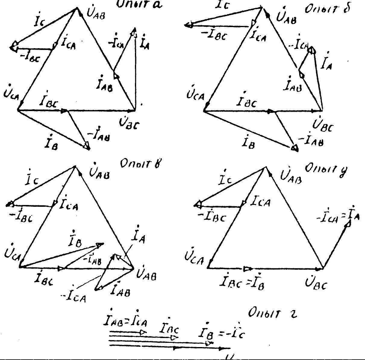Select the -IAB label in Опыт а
[x=98, y=136]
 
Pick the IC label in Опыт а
[x=39, y=22]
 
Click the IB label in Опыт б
[x=249, y=142]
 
